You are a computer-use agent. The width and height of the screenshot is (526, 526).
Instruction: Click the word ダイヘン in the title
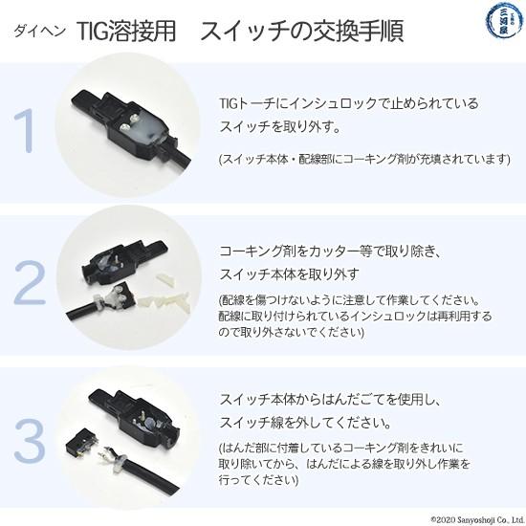42,31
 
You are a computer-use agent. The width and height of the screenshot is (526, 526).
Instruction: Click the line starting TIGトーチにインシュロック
349,101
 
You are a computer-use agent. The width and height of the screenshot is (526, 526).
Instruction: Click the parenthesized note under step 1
364,158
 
